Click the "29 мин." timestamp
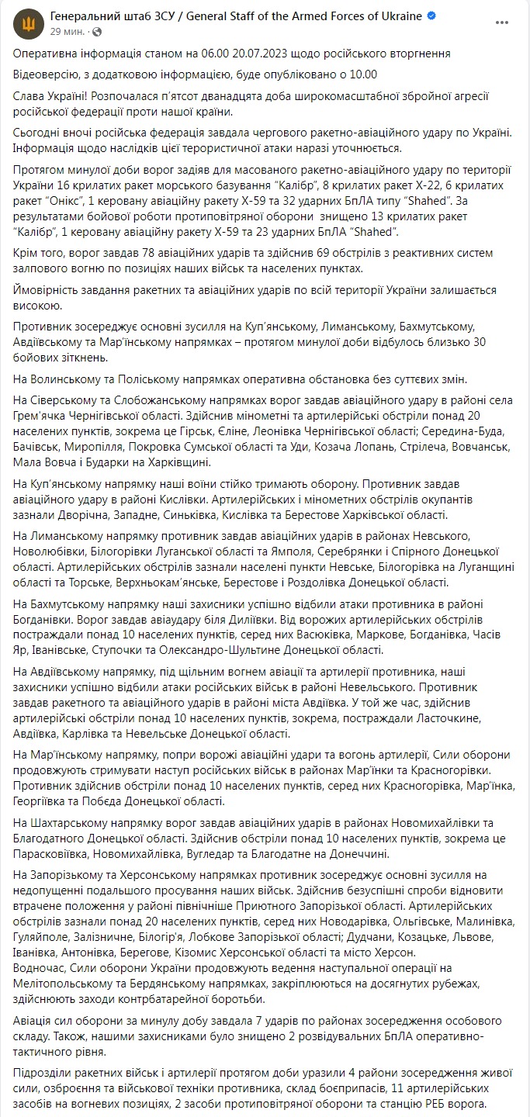click(67, 31)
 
